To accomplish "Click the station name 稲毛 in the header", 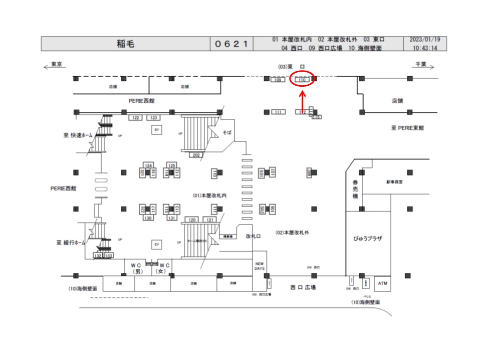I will pyautogui.click(x=125, y=44).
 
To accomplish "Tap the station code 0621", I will pyautogui.click(x=231, y=44).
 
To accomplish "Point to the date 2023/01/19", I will pyautogui.click(x=425, y=40).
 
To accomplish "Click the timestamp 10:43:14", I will pyautogui.click(x=425, y=48).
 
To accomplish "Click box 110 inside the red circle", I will pyautogui.click(x=302, y=80).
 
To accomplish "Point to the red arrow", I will pyautogui.click(x=302, y=103).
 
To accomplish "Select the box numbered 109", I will pyautogui.click(x=277, y=80).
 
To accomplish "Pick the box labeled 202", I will pyautogui.click(x=196, y=155).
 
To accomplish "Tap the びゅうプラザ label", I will pyautogui.click(x=368, y=238).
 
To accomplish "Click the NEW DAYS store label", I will pyautogui.click(x=260, y=266).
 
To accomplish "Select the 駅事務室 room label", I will pyautogui.click(x=394, y=182).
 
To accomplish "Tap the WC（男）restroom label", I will pyautogui.click(x=137, y=268).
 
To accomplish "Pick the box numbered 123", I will pyautogui.click(x=154, y=118).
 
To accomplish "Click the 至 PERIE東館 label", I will pyautogui.click(x=407, y=128).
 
